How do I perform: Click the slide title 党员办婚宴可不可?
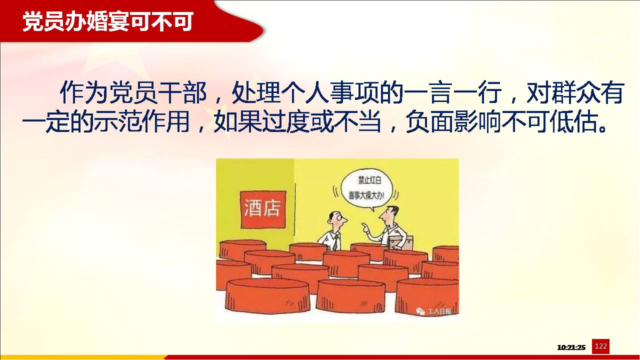[x=108, y=21]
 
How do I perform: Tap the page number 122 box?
[x=600, y=346]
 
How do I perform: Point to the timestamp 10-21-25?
[x=571, y=347]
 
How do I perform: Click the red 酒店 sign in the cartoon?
[x=263, y=209]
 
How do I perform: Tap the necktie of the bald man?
[x=335, y=243]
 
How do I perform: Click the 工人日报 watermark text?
[x=439, y=311]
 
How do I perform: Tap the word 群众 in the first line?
[x=575, y=92]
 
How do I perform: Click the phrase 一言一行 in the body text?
[x=452, y=92]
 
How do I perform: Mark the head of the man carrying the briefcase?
[x=389, y=215]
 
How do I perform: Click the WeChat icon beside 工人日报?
[x=420, y=311]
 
